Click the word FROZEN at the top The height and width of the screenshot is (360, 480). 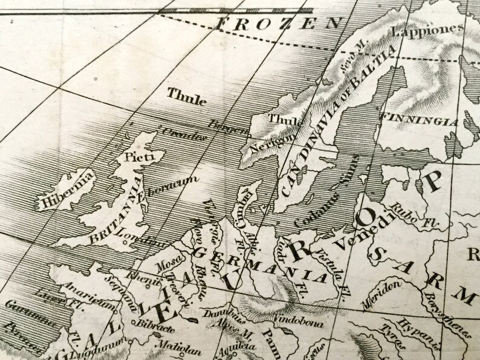tap(277, 25)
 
